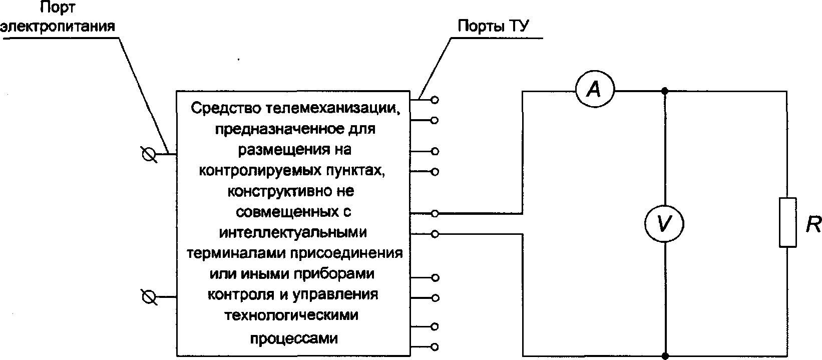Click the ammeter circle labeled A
coord(594,91)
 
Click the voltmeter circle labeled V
coord(664,223)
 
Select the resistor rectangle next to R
coord(788,222)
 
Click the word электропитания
coord(58,26)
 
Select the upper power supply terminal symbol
coord(149,155)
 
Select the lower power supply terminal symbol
coord(149,297)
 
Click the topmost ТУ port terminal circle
coord(435,100)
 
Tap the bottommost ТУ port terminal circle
coord(435,346)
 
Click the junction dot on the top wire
coord(665,91)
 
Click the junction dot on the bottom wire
coord(665,356)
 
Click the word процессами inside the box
coord(294,338)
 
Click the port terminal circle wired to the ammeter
coord(435,214)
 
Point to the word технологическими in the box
coord(292,315)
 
